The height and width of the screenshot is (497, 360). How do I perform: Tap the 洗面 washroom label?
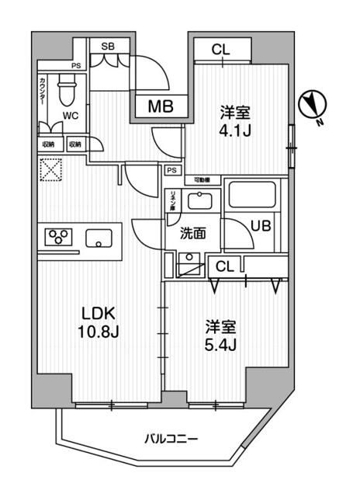click(x=192, y=233)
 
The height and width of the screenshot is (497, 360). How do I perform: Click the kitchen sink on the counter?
click(x=101, y=237)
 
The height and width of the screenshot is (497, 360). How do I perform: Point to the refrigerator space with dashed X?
click(x=51, y=170)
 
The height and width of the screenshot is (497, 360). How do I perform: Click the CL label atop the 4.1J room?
click(x=221, y=50)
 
